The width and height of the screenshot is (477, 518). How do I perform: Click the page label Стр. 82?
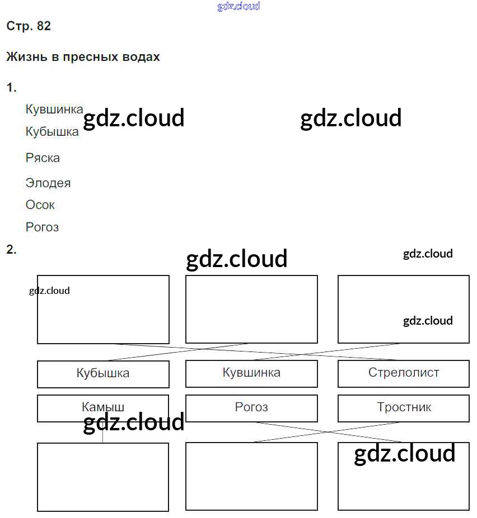coord(29,26)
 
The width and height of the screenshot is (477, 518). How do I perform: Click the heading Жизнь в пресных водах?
coord(83,57)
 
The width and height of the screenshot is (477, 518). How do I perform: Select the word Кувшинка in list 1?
coord(54,110)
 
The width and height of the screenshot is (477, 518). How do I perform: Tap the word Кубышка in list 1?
coord(52,132)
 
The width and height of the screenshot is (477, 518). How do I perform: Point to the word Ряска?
coord(43,158)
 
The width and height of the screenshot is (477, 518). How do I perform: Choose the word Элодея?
coord(48,183)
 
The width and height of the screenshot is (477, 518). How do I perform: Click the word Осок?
coord(40,205)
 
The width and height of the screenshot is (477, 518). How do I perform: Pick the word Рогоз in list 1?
coord(42,227)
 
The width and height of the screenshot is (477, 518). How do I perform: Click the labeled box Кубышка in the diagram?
coord(103,374)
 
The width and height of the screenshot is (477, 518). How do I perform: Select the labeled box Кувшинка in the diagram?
coord(251,373)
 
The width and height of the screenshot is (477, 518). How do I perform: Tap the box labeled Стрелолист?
coord(403,373)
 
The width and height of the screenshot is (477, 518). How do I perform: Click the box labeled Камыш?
coord(103,408)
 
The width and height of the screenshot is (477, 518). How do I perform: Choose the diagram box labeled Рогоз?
coord(251,408)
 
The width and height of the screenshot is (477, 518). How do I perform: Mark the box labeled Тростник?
coord(403,408)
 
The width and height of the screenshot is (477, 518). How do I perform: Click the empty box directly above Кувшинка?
coord(251,309)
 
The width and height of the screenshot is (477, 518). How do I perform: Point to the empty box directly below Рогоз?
coord(251,476)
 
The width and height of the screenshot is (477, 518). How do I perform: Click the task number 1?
coord(11,88)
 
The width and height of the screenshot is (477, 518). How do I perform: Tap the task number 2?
coord(11,250)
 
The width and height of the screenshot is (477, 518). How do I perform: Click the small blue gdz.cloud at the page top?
coord(238,7)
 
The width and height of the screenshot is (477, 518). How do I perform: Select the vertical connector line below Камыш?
coord(102,433)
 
